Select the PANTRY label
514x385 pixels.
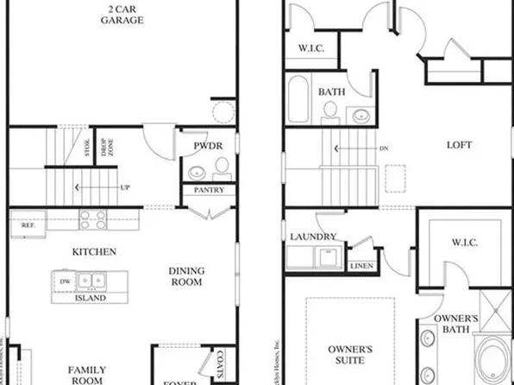(x=209, y=190)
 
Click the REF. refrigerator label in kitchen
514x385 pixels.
(x=28, y=224)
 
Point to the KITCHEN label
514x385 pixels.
(x=96, y=252)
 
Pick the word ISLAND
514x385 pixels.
(x=90, y=298)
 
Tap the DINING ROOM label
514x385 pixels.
(x=187, y=276)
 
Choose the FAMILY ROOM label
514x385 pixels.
(x=87, y=376)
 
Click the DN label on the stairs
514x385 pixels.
(x=384, y=148)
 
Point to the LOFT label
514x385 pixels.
(x=460, y=145)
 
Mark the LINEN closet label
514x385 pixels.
(x=361, y=267)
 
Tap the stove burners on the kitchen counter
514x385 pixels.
(x=93, y=218)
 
